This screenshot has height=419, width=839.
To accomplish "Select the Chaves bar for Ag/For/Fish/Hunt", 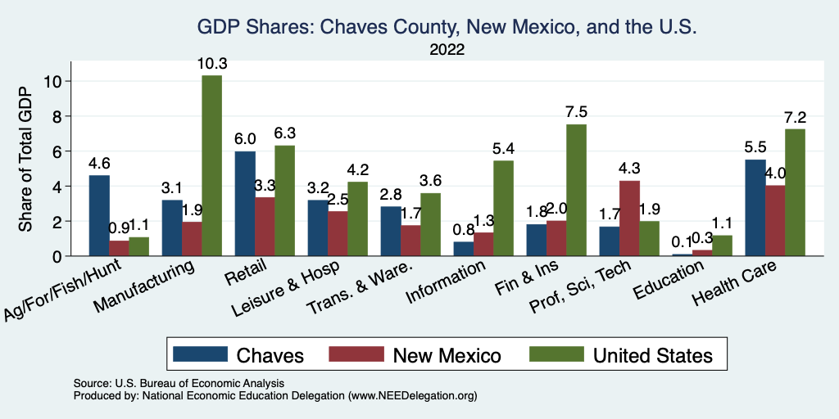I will click(99, 215).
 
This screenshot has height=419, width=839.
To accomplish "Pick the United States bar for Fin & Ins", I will click(576, 190).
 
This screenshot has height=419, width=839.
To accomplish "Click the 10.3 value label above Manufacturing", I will click(211, 63).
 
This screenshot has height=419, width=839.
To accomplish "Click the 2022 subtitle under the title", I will click(447, 50).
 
